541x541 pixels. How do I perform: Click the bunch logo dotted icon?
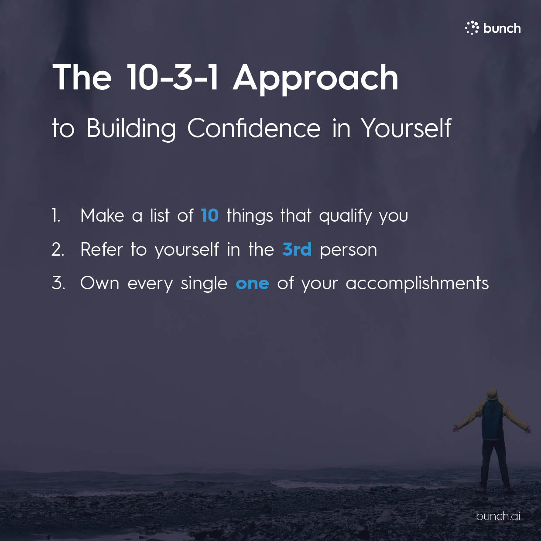[472, 28]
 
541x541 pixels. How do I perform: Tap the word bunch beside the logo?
[502, 28]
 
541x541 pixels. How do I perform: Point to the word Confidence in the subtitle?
[254, 128]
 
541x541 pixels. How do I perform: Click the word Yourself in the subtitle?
[406, 128]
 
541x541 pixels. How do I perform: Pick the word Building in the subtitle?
[131, 129]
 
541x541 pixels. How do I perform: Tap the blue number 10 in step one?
[210, 216]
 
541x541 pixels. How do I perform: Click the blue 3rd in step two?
[297, 249]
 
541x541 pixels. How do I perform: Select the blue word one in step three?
[252, 284]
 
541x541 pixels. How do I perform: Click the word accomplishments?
[417, 284]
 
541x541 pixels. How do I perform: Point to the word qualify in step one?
[346, 216]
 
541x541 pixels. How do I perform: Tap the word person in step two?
[349, 250]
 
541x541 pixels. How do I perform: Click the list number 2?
[58, 249]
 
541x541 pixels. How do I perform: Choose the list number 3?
[58, 283]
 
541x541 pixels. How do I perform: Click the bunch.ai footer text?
[498, 516]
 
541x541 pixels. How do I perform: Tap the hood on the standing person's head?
[492, 395]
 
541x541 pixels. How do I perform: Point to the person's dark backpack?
[492, 420]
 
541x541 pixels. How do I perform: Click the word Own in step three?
[99, 283]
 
